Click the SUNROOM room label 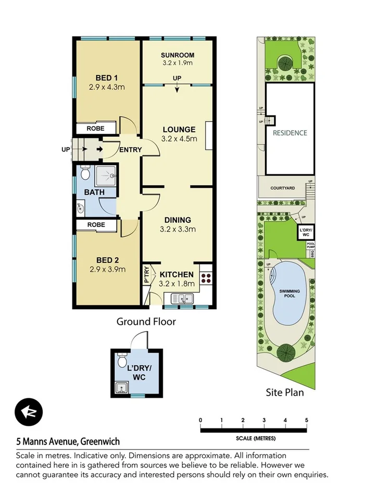[x=178, y=55]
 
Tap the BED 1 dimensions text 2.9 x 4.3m [x=107, y=87]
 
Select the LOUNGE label [x=179, y=130]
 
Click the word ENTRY [x=130, y=150]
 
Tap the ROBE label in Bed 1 [x=95, y=128]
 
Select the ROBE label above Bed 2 [x=96, y=225]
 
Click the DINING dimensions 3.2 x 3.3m [x=178, y=229]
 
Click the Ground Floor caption [x=146, y=322]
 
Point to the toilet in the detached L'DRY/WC [x=122, y=360]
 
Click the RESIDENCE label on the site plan [x=290, y=133]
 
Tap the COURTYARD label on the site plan [x=283, y=188]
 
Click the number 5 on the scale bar [x=307, y=420]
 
